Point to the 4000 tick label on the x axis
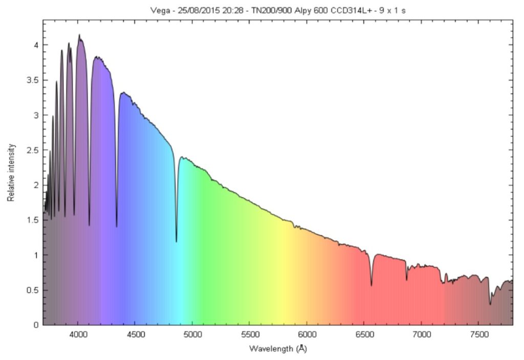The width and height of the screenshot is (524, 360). click(x=78, y=335)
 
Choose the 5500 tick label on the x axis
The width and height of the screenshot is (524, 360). click(x=249, y=335)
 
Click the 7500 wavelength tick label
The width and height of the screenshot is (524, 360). click(x=478, y=335)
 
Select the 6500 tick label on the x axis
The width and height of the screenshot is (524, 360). click(x=364, y=335)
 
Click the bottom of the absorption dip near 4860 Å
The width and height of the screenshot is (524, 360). click(x=177, y=242)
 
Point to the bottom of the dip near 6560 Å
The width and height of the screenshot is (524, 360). click(x=372, y=285)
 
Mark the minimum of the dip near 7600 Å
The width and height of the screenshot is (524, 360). click(x=490, y=304)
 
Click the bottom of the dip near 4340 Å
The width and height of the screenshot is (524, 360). click(x=117, y=226)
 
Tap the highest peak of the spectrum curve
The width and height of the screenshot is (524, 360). click(x=79, y=35)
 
